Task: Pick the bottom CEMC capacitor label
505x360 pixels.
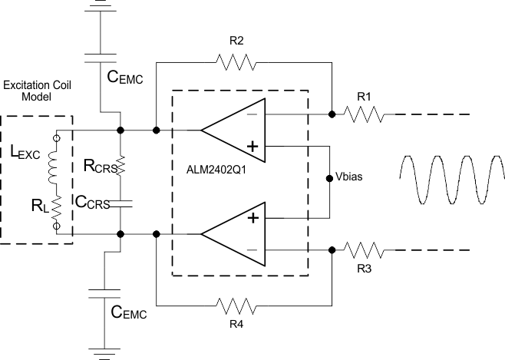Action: (127, 312)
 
